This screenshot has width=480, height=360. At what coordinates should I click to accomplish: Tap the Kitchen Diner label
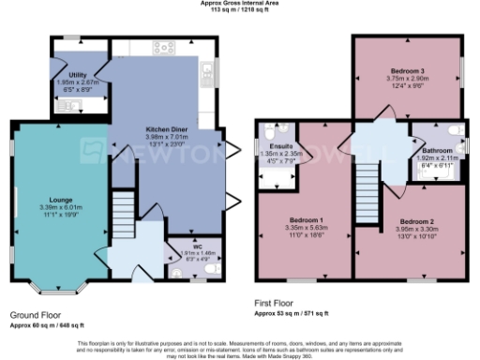(x=169, y=127)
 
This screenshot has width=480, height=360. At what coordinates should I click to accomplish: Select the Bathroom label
(x=437, y=151)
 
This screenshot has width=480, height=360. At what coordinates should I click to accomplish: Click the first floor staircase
(x=367, y=178)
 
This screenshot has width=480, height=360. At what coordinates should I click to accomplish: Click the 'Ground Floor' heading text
(x=37, y=316)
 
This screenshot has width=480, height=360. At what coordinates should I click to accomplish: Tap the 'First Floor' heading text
(x=278, y=305)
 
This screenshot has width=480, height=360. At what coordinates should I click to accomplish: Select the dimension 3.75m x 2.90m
(x=407, y=79)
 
